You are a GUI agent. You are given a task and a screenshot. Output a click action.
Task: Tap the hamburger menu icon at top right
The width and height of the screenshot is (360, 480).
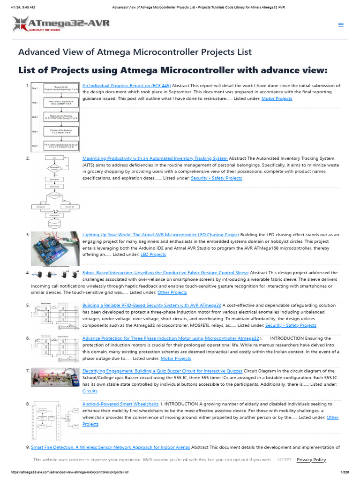click(x=341, y=25)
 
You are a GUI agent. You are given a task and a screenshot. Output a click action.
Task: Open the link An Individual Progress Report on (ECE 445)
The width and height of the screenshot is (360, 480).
click(x=127, y=86)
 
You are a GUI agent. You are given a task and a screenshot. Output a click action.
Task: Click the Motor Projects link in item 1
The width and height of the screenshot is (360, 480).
click(x=277, y=98)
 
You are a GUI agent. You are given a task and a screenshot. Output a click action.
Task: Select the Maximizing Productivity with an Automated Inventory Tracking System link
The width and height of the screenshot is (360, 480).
click(x=155, y=158)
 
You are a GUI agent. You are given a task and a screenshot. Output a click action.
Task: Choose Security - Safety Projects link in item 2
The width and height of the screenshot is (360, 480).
click(x=216, y=178)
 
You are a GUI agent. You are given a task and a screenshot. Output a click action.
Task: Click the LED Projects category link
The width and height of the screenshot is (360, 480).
click(x=153, y=255)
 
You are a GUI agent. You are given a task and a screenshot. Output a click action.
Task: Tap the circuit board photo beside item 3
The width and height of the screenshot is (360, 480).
click(x=55, y=249)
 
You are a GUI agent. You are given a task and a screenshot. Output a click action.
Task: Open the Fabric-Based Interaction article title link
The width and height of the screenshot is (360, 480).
click(x=165, y=272)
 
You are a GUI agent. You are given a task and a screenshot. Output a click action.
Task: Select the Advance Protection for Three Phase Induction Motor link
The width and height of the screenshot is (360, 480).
click(x=171, y=338)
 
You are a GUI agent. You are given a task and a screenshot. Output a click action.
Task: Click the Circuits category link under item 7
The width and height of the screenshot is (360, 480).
click(x=90, y=391)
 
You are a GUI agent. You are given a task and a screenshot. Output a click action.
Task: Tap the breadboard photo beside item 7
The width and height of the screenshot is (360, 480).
click(x=55, y=378)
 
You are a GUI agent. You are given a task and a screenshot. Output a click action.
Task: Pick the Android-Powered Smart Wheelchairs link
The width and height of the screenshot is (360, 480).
click(x=120, y=404)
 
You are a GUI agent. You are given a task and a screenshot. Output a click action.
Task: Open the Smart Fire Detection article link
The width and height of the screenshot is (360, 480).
click(x=110, y=448)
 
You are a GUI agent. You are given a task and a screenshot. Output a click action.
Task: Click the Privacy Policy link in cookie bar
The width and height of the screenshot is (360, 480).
click(x=311, y=460)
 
